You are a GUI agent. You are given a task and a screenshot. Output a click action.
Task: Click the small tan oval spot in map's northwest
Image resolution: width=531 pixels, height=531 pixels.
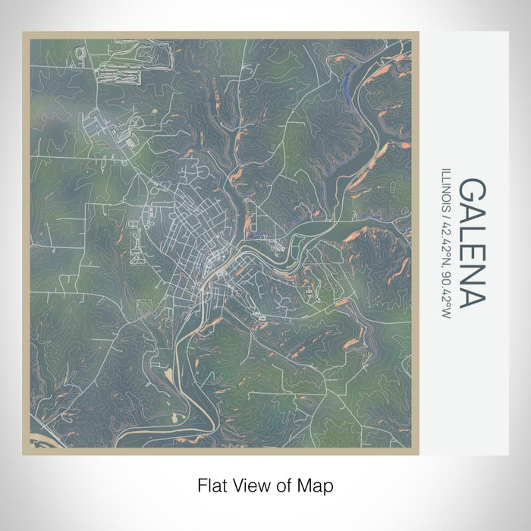156,112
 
